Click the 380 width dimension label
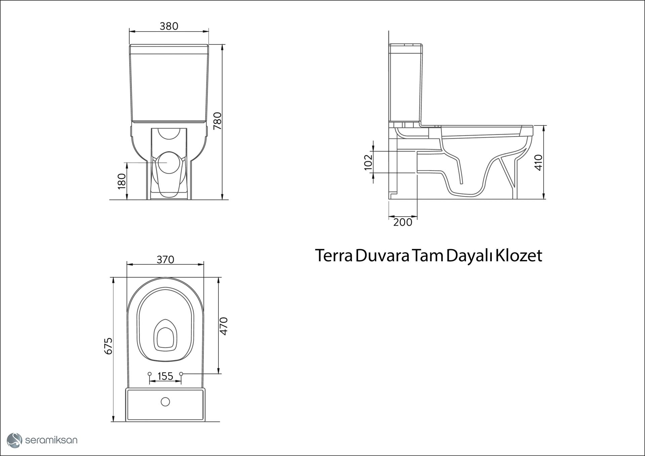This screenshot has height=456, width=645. (169, 26)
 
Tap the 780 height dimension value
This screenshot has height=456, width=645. (218, 121)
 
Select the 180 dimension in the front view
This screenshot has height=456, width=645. (122, 181)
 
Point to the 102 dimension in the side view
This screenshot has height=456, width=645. (369, 162)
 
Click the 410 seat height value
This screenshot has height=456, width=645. (538, 163)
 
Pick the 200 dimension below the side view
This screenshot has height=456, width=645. (402, 222)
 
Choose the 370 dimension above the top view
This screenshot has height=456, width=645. (165, 260)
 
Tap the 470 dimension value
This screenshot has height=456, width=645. (223, 326)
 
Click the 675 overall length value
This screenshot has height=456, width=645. (108, 346)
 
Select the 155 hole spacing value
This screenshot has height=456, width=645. (165, 376)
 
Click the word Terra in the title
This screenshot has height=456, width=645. (334, 256)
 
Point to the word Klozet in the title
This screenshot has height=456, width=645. (519, 256)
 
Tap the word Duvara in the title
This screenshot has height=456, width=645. (382, 256)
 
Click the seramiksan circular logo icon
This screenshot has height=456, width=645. (14, 440)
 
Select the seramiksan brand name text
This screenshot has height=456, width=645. (51, 440)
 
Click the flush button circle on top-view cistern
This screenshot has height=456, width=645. (165, 402)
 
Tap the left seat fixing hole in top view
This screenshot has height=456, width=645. (149, 374)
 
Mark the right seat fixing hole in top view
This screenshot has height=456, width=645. (181, 374)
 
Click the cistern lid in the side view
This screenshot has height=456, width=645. (405, 45)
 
